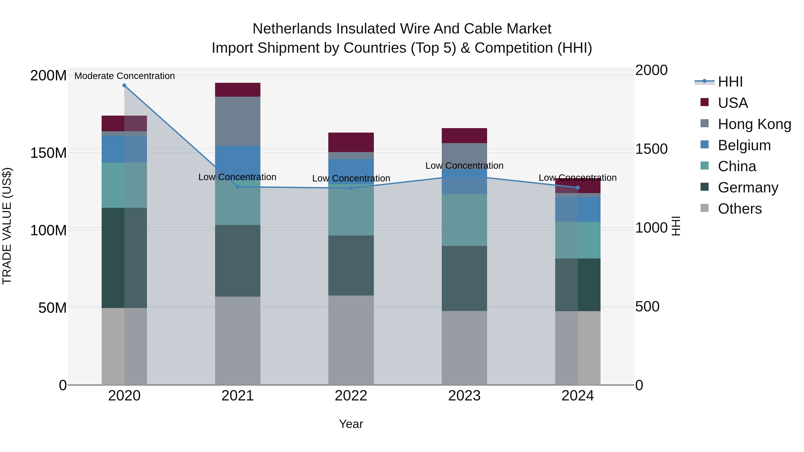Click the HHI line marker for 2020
[x=124, y=85]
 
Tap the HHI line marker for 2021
[x=238, y=187]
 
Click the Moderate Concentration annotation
[x=125, y=76]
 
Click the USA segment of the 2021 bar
[x=238, y=90]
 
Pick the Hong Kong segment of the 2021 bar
[x=238, y=121]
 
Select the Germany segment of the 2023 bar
[x=464, y=278]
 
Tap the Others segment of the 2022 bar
[x=351, y=340]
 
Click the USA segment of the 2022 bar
[x=351, y=142]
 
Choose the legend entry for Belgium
[x=744, y=145]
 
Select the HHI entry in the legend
[x=730, y=82]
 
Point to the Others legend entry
[x=739, y=209]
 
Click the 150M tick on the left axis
[x=48, y=153]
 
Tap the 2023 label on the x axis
[x=464, y=396]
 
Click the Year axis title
[x=351, y=424]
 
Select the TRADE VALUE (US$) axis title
[x=7, y=226]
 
